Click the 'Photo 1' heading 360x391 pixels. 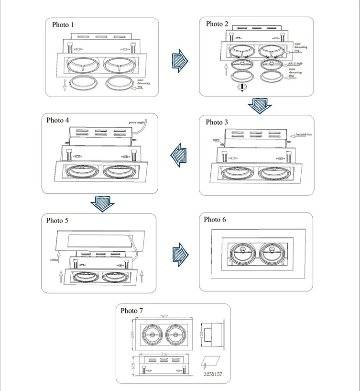[x=64, y=24]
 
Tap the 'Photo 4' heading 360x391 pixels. [x=58, y=120]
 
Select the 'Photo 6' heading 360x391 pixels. [x=215, y=220]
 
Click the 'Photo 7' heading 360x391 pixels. [x=132, y=311]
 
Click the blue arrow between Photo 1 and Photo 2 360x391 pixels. [x=179, y=60]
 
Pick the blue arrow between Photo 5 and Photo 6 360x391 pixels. [x=179, y=252]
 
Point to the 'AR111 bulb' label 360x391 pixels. [x=297, y=63]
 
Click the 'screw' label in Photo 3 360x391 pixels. [x=216, y=140]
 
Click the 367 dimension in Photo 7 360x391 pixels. [x=164, y=317]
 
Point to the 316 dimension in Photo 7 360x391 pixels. [x=164, y=355]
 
